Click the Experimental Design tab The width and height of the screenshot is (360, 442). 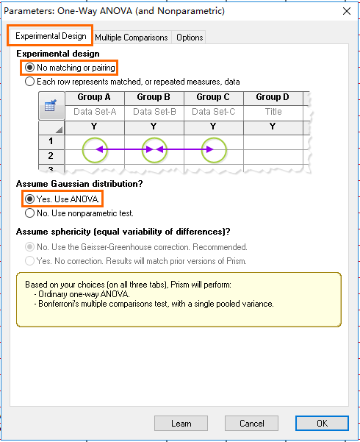(x=51, y=36)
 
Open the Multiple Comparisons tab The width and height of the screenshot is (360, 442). (x=132, y=38)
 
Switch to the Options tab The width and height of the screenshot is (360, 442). (x=190, y=38)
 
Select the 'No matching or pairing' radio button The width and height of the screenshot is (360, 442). (x=29, y=68)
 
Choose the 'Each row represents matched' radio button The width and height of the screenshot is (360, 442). (x=29, y=82)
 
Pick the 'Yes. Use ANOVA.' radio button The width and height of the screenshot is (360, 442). (x=29, y=199)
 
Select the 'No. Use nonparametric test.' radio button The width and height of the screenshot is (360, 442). (x=29, y=213)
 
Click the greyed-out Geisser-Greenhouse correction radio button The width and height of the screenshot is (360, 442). (x=29, y=247)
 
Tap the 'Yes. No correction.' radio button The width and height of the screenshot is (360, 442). (x=29, y=261)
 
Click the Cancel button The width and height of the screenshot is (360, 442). (x=251, y=423)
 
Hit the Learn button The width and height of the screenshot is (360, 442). (x=181, y=423)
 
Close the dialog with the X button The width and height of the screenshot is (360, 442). (x=347, y=11)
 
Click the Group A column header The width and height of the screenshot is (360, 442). (x=95, y=97)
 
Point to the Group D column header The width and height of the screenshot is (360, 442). (x=273, y=97)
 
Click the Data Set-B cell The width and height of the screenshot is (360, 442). (x=154, y=112)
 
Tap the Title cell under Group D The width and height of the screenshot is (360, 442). (x=273, y=112)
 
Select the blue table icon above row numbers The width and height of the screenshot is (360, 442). (x=51, y=105)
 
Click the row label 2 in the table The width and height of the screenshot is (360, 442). (x=51, y=156)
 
